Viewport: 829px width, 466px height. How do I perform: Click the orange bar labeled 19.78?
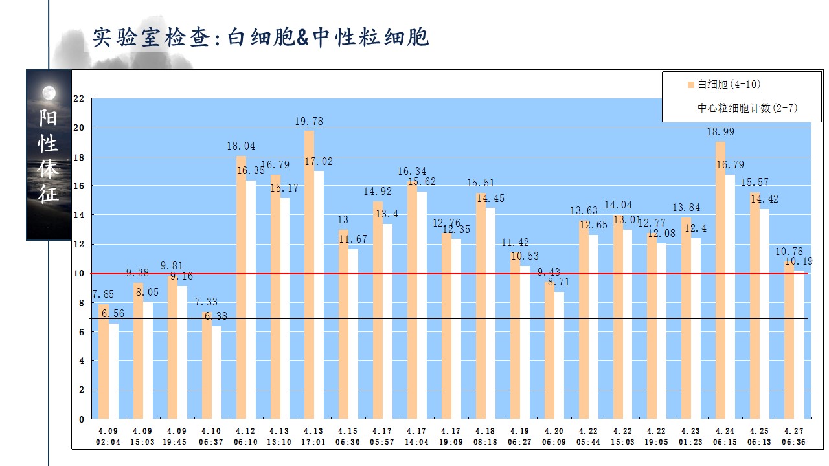click(309, 274)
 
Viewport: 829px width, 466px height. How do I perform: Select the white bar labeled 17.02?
click(319, 294)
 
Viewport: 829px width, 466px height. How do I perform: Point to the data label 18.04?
click(241, 146)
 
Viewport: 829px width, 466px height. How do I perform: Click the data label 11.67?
click(353, 239)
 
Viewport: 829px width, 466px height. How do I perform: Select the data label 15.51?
click(480, 183)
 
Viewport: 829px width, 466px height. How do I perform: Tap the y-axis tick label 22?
click(79, 99)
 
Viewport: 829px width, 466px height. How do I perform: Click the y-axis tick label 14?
click(79, 216)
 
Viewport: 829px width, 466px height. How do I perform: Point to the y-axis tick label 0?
click(82, 419)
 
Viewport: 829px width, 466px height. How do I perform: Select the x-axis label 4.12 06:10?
click(244, 436)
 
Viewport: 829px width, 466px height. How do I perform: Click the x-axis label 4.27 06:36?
click(793, 436)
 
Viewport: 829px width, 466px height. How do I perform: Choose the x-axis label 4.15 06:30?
click(347, 436)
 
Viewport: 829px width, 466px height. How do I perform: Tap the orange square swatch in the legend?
click(691, 85)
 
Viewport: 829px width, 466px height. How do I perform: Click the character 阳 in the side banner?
click(49, 118)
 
